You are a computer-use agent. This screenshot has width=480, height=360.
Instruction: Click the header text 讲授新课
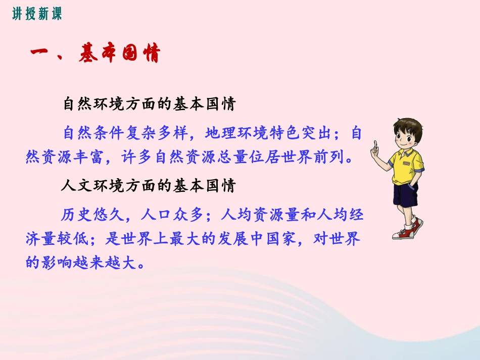[37, 14]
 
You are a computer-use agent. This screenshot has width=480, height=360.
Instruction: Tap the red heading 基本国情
[119, 54]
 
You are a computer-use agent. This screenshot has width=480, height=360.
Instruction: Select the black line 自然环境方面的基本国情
[149, 104]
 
